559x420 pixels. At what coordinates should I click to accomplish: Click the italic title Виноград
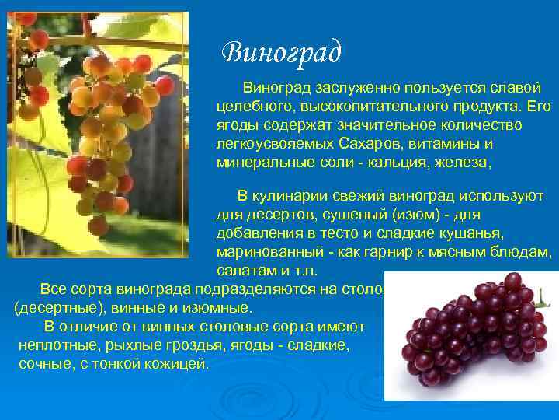[x=281, y=52]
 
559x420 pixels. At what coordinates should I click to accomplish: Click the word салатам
[x=243, y=271]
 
